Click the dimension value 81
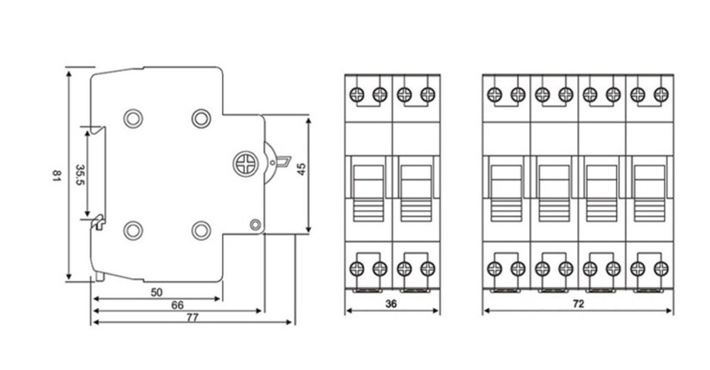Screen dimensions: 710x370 tap(56, 175)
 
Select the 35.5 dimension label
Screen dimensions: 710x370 tap(80, 175)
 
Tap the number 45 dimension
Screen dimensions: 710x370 tap(301, 169)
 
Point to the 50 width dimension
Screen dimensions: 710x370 tap(156, 292)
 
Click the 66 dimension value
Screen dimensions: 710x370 tap(177, 305)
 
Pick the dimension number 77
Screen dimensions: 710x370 tap(192, 317)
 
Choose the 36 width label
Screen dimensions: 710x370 tap(390, 303)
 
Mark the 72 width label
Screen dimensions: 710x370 tap(578, 303)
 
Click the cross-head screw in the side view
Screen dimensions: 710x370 tap(246, 164)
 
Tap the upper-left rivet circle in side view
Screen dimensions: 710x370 tap(133, 119)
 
